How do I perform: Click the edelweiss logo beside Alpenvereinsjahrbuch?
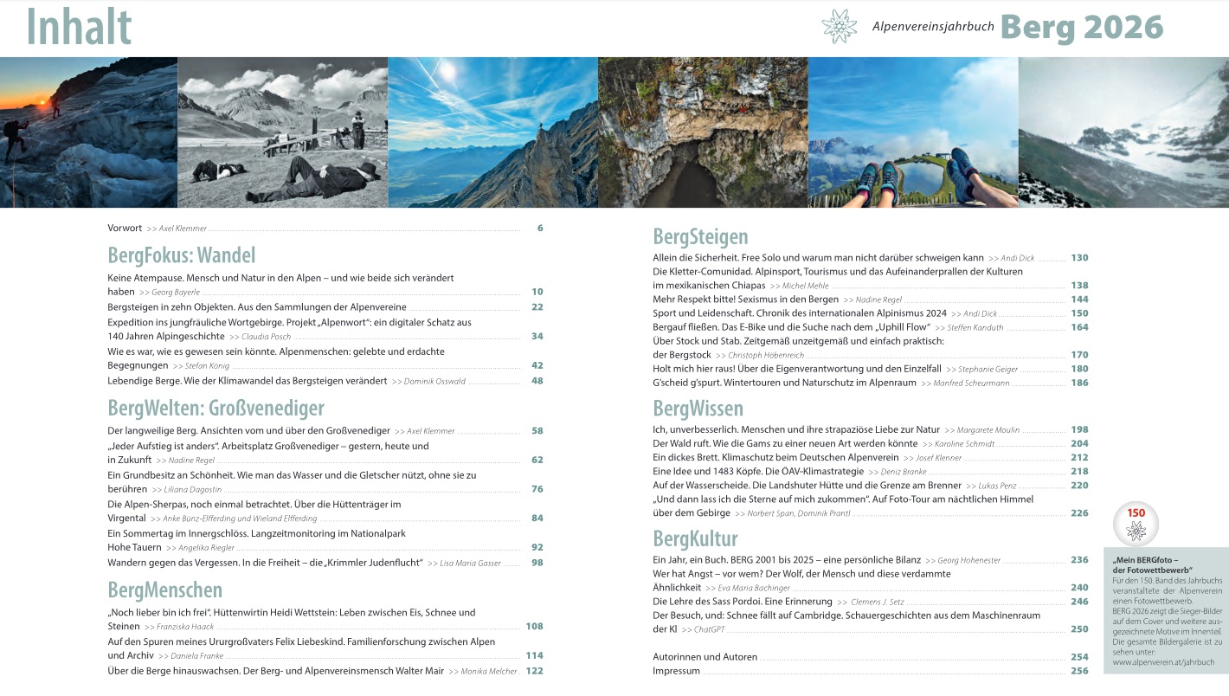(x=839, y=27)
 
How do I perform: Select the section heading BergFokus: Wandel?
(x=182, y=255)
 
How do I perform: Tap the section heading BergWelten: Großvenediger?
(x=216, y=408)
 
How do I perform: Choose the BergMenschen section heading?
(x=164, y=590)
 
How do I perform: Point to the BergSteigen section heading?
(x=700, y=236)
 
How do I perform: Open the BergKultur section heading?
(x=695, y=538)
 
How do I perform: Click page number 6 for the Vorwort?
(x=539, y=229)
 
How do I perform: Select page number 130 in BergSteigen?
(x=1078, y=258)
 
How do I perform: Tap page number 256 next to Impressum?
(x=1078, y=671)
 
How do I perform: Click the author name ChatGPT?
(x=709, y=629)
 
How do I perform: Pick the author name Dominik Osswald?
(x=434, y=382)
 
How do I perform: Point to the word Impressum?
(x=676, y=671)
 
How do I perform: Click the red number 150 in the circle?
(x=1136, y=513)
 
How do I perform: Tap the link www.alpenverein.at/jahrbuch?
(x=1163, y=662)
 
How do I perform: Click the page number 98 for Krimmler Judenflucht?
(x=537, y=563)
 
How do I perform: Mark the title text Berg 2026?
(x=1082, y=28)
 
